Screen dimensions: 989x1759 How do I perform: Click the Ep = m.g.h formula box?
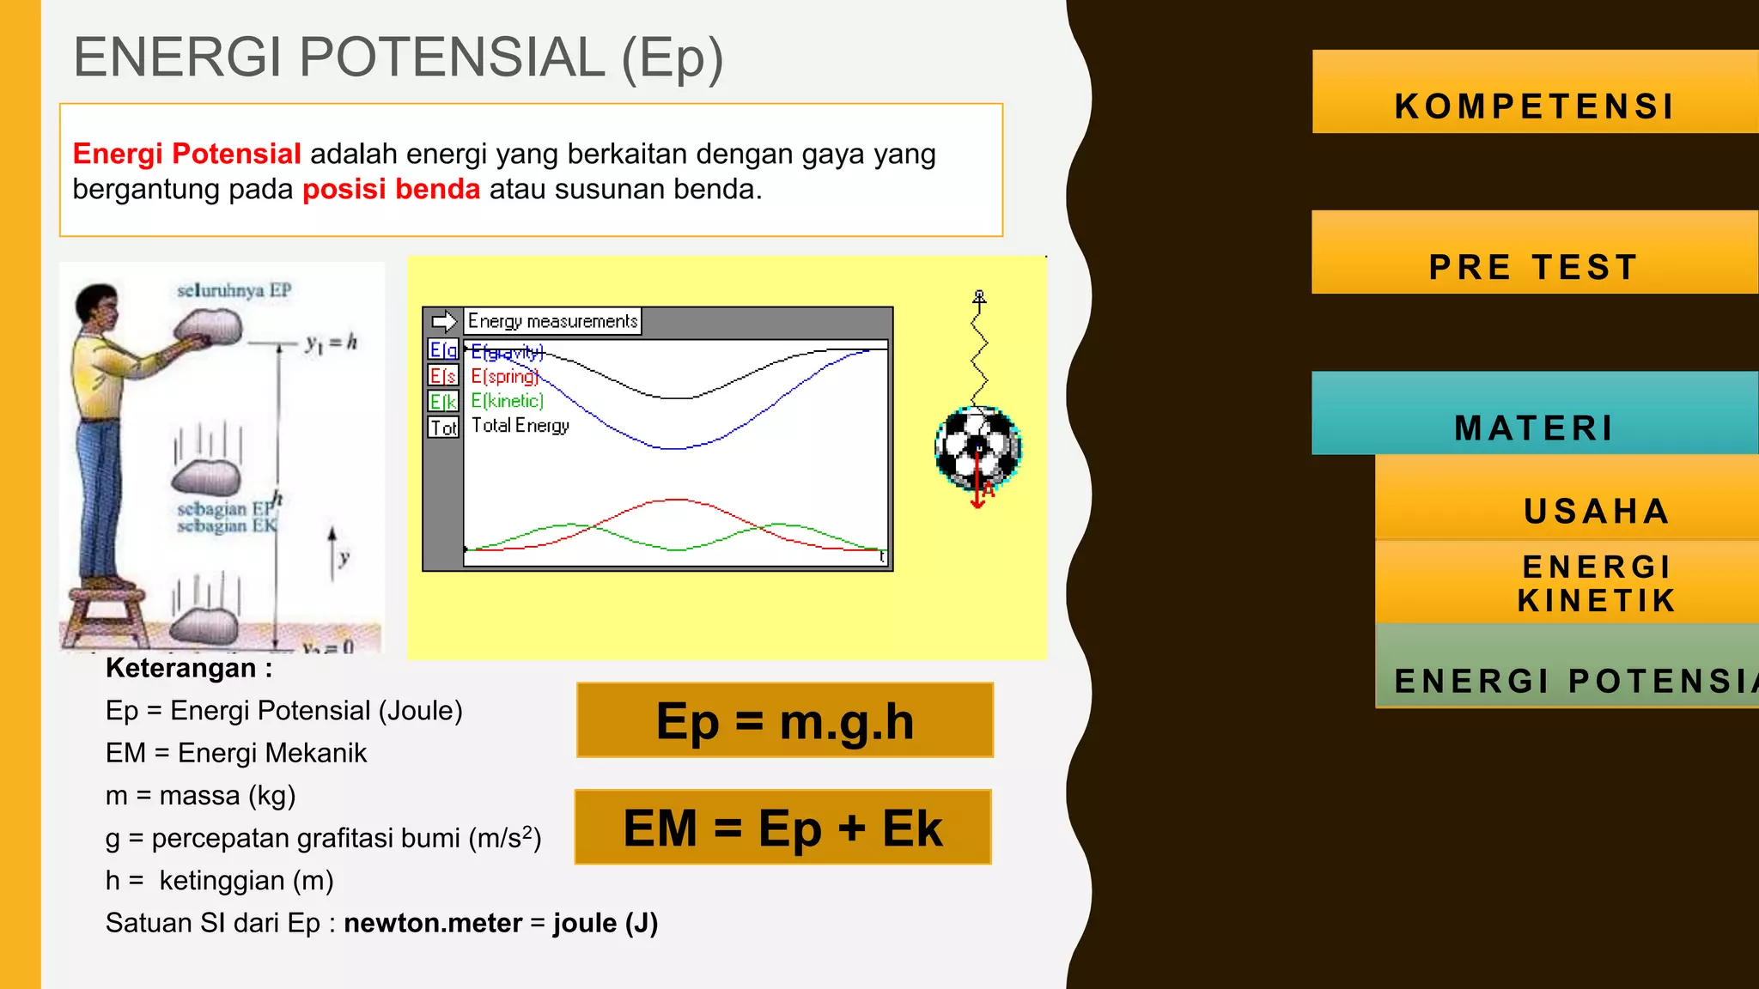click(x=784, y=721)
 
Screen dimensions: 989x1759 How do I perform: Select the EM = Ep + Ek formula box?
click(x=782, y=828)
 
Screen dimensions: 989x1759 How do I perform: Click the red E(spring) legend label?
click(x=504, y=377)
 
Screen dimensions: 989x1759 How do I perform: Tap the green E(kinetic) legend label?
click(x=507, y=401)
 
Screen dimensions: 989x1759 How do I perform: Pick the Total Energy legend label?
click(x=520, y=426)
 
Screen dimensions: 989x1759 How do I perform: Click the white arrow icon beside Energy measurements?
click(x=444, y=321)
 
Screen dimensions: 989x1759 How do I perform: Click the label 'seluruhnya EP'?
click(x=234, y=290)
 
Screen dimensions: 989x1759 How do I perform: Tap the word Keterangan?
click(x=180, y=668)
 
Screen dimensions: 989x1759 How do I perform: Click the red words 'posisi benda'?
click(x=391, y=189)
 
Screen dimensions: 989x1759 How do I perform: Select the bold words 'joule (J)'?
click(x=606, y=923)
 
